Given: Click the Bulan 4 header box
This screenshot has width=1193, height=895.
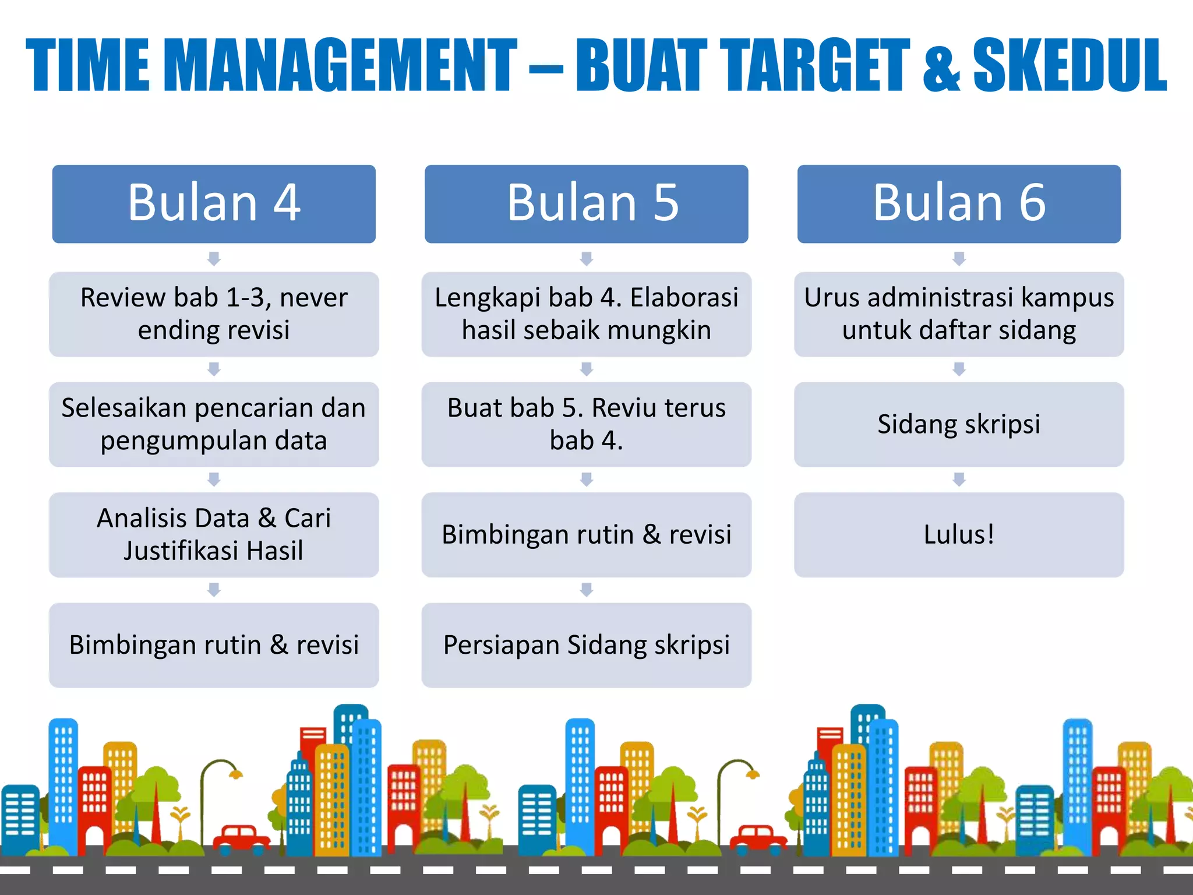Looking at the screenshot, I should [214, 203].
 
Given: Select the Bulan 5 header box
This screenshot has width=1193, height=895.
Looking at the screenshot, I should [586, 203].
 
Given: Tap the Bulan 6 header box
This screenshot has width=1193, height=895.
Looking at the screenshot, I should [959, 203].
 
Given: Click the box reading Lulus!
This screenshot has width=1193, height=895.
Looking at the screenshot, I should [959, 534].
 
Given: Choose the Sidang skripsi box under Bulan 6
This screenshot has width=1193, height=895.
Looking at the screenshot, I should [959, 424].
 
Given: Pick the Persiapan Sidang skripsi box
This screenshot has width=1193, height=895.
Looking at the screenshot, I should [586, 645].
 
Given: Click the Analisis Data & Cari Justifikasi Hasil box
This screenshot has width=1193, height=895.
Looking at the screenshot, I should [214, 534].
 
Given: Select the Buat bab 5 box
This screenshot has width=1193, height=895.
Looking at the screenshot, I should [586, 424].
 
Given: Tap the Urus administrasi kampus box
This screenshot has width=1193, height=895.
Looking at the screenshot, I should [959, 314].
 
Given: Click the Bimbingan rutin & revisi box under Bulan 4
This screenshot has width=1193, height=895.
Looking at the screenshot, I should [214, 645].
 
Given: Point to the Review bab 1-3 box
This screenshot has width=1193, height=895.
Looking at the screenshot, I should [214, 314].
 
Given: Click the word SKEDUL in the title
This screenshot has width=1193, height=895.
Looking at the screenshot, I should [1070, 65].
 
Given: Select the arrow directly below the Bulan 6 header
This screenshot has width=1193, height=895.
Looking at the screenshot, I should [959, 258].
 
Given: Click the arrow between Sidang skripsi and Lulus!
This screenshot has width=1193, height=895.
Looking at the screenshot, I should [959, 480].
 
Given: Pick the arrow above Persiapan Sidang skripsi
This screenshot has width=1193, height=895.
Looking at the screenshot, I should [586, 590].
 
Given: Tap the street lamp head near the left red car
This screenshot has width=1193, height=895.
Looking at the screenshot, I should [235, 774].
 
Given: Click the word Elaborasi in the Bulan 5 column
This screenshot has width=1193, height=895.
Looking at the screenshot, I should [684, 298].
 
